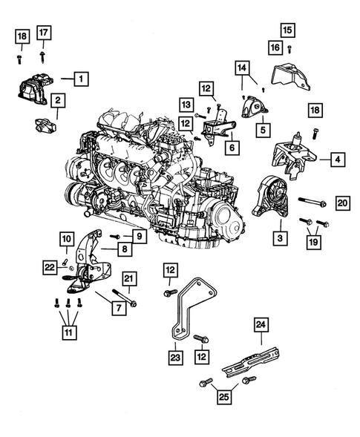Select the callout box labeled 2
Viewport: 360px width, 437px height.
57,99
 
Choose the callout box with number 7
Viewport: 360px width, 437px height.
117,306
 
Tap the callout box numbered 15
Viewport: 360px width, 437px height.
287,30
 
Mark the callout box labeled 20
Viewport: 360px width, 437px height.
342,203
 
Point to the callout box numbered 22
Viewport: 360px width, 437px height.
49,267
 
